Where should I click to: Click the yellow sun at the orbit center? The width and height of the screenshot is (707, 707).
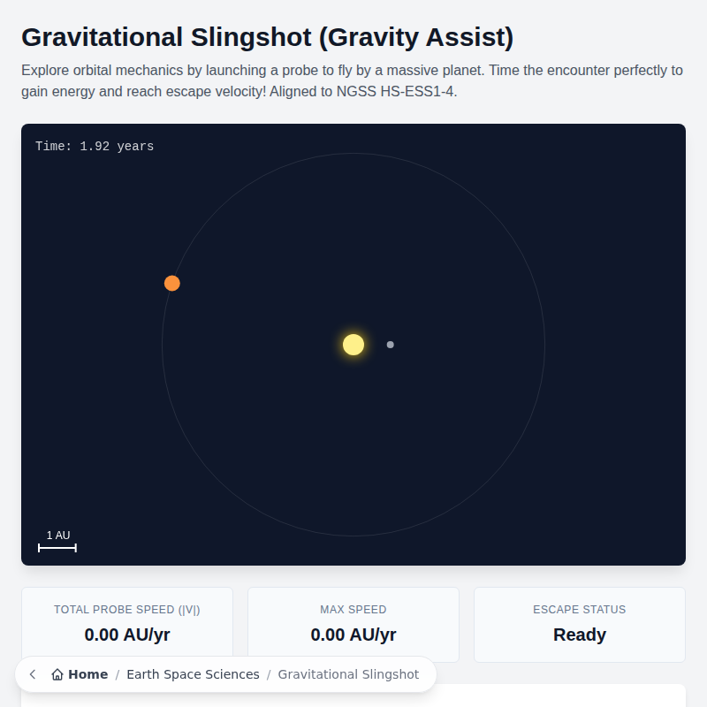point(353,345)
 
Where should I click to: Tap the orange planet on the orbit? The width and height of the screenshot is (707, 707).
point(172,283)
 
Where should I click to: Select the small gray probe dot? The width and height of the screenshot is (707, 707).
point(391,345)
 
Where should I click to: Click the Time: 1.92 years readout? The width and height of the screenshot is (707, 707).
point(95,147)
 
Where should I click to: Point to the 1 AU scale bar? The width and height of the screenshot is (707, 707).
point(57,548)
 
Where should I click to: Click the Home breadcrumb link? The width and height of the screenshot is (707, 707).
point(87,674)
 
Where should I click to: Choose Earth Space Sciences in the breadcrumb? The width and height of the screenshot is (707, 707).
point(193,674)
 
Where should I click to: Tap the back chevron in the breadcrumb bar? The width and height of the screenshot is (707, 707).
point(33,674)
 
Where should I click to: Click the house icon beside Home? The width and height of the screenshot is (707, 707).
point(57,674)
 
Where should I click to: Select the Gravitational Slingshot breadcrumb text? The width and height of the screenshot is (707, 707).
point(348,674)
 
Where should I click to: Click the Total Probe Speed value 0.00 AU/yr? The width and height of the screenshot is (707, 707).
point(127,635)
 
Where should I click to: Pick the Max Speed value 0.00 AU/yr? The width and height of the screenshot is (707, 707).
point(353,635)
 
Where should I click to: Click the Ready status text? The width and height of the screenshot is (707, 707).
point(580,635)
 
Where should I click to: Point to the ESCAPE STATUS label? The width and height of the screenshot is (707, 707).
point(580,610)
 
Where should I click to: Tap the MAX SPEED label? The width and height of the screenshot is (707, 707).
point(353,610)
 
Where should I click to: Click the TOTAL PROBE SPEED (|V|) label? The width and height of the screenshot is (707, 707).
point(127,610)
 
